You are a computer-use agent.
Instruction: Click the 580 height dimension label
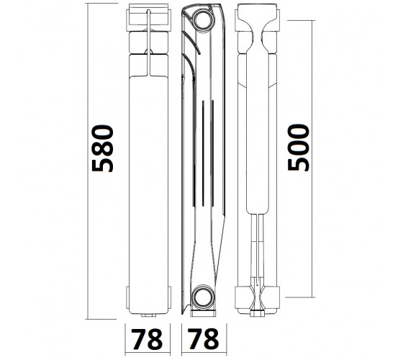[102, 148]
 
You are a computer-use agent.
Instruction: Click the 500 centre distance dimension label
[298, 148]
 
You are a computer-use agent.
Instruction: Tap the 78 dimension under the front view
[147, 339]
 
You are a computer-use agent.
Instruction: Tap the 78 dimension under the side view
[204, 339]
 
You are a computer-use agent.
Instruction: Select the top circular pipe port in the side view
[203, 20]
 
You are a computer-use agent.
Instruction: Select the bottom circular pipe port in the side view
[203, 297]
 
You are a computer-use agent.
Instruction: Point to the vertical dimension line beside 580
[88, 161]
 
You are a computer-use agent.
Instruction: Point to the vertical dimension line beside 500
[312, 158]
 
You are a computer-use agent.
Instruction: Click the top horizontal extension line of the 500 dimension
[302, 20]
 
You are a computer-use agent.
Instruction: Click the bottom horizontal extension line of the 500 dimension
[300, 297]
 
